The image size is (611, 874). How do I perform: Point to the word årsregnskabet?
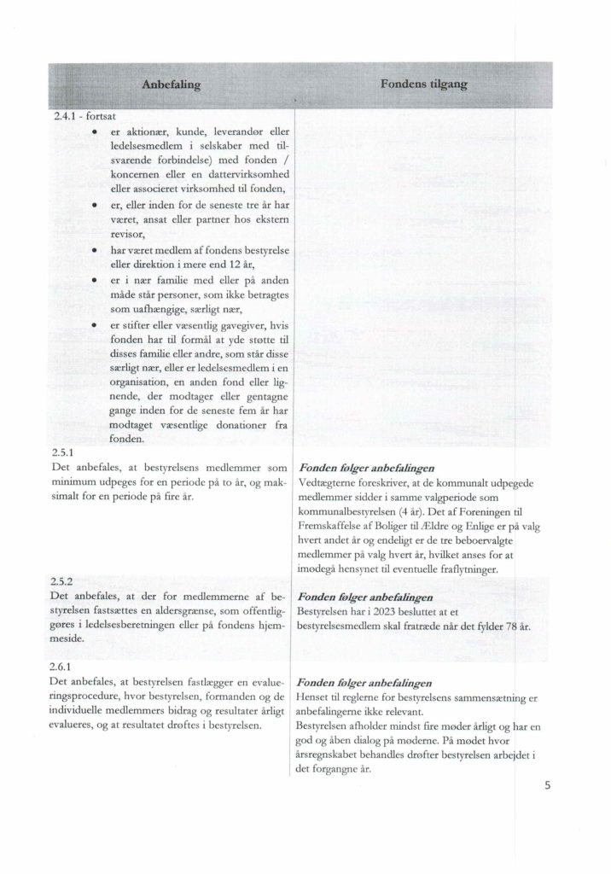(333, 754)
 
